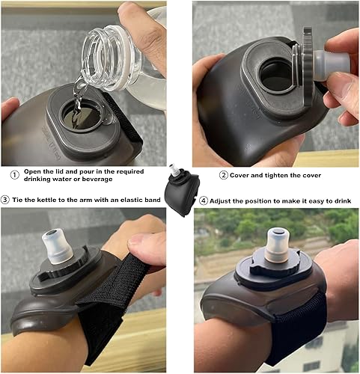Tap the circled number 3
click(5, 199)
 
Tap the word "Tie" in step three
click(20, 200)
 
